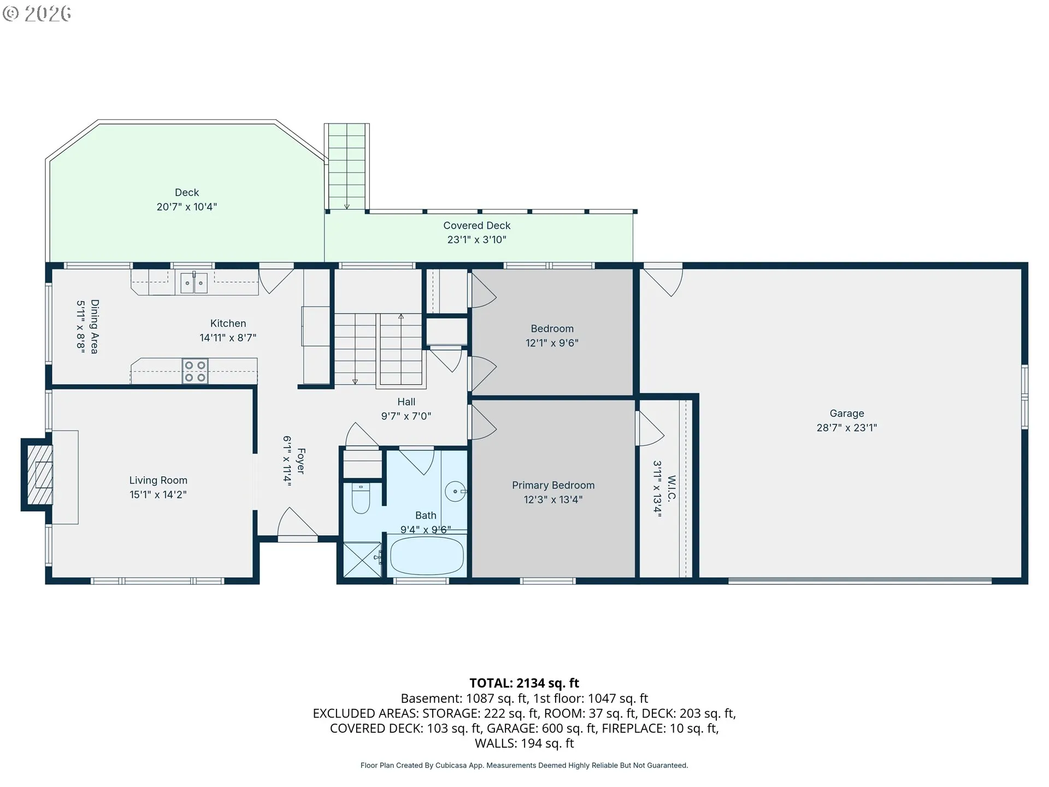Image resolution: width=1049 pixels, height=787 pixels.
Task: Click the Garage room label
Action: pos(847,413)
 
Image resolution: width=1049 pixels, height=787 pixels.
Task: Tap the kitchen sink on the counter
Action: pos(194,283)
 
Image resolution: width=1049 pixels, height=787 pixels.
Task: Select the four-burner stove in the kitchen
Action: pos(195,371)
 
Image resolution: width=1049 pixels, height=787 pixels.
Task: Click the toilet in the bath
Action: pos(361,498)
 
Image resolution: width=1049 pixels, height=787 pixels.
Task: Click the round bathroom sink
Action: pos(455,491)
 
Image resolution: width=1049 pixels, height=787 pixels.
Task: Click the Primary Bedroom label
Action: pos(553,485)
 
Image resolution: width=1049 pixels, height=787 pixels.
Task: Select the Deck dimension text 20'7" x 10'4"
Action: pos(187,207)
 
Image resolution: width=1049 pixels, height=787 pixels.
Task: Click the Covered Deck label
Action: pos(477,225)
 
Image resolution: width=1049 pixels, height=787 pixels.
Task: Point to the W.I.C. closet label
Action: pos(672,488)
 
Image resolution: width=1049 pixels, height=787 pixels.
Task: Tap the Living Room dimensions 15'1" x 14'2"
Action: pos(158,494)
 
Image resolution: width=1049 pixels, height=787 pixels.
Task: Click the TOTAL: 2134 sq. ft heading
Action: pos(524,683)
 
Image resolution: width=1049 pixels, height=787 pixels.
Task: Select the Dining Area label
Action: pos(95,326)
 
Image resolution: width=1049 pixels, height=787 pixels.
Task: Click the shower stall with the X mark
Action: pos(362,559)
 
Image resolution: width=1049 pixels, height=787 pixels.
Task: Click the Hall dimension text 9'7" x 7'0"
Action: pos(406,416)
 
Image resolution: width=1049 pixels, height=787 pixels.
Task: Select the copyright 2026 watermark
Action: pos(37,13)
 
